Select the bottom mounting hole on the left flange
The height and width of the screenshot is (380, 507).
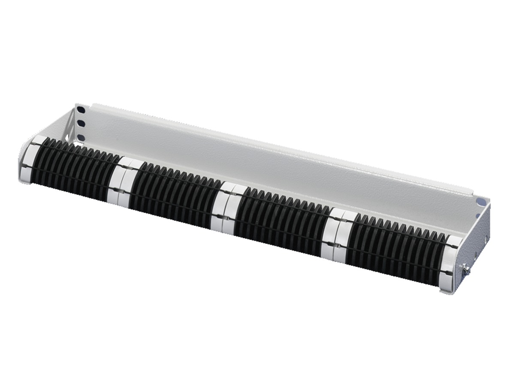tap(81, 138)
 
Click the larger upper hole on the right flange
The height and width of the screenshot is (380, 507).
tap(481, 201)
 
